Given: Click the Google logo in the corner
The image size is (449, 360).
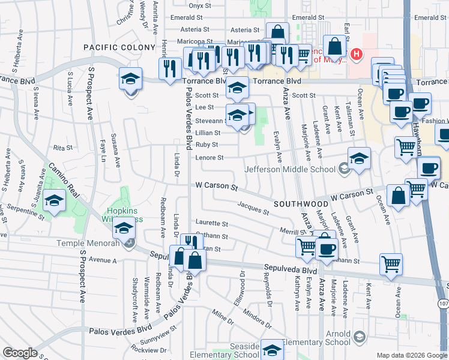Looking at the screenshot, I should (20, 353).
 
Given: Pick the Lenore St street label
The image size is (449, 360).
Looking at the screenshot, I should (209, 158).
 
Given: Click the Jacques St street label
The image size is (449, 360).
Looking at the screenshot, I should (253, 208).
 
